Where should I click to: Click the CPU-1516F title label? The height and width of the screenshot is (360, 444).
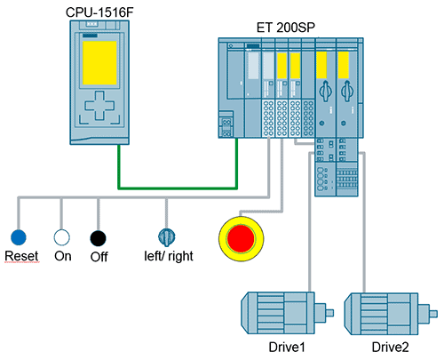pyautogui.click(x=106, y=10)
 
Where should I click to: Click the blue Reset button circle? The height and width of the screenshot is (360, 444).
pyautogui.click(x=19, y=237)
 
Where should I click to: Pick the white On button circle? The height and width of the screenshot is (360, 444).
pyautogui.click(x=61, y=237)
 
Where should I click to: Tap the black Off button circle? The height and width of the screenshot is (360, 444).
pyautogui.click(x=98, y=237)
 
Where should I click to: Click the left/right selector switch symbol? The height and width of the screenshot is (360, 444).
pyautogui.click(x=167, y=236)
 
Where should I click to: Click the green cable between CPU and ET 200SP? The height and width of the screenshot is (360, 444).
pyautogui.click(x=178, y=188)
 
